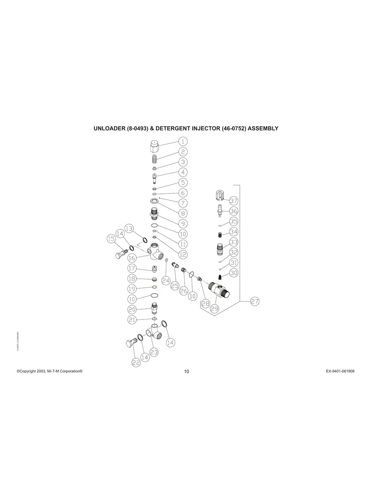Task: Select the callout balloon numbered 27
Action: [255, 301]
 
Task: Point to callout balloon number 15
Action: [111, 239]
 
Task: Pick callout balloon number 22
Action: [136, 362]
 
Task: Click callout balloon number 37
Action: [234, 201]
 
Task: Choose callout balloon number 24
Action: [166, 280]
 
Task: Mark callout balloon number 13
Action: [129, 228]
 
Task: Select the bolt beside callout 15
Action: [119, 255]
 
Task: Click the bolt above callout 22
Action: [131, 343]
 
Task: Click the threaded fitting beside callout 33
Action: [220, 249]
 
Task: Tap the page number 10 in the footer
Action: [186, 372]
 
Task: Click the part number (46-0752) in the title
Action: [234, 129]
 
